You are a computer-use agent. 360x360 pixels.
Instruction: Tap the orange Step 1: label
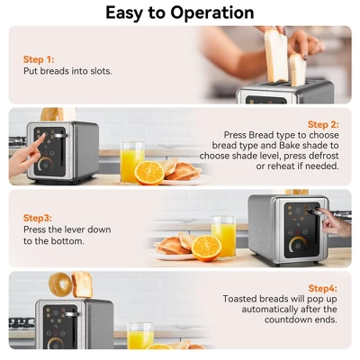pyautogui.click(x=39, y=58)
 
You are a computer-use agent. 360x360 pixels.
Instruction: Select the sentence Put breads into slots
pyautogui.click(x=67, y=71)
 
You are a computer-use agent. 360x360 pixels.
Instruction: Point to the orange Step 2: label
pyautogui.click(x=323, y=124)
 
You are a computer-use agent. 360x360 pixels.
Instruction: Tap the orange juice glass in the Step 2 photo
pyautogui.click(x=131, y=161)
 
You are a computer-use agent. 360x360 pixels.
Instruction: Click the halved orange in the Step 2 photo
pyautogui.click(x=149, y=172)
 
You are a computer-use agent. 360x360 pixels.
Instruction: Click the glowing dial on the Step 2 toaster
pyautogui.click(x=44, y=166)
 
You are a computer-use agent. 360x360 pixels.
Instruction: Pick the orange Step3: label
pyautogui.click(x=38, y=217)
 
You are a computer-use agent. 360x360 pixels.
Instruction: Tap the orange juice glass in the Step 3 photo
pyautogui.click(x=222, y=236)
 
